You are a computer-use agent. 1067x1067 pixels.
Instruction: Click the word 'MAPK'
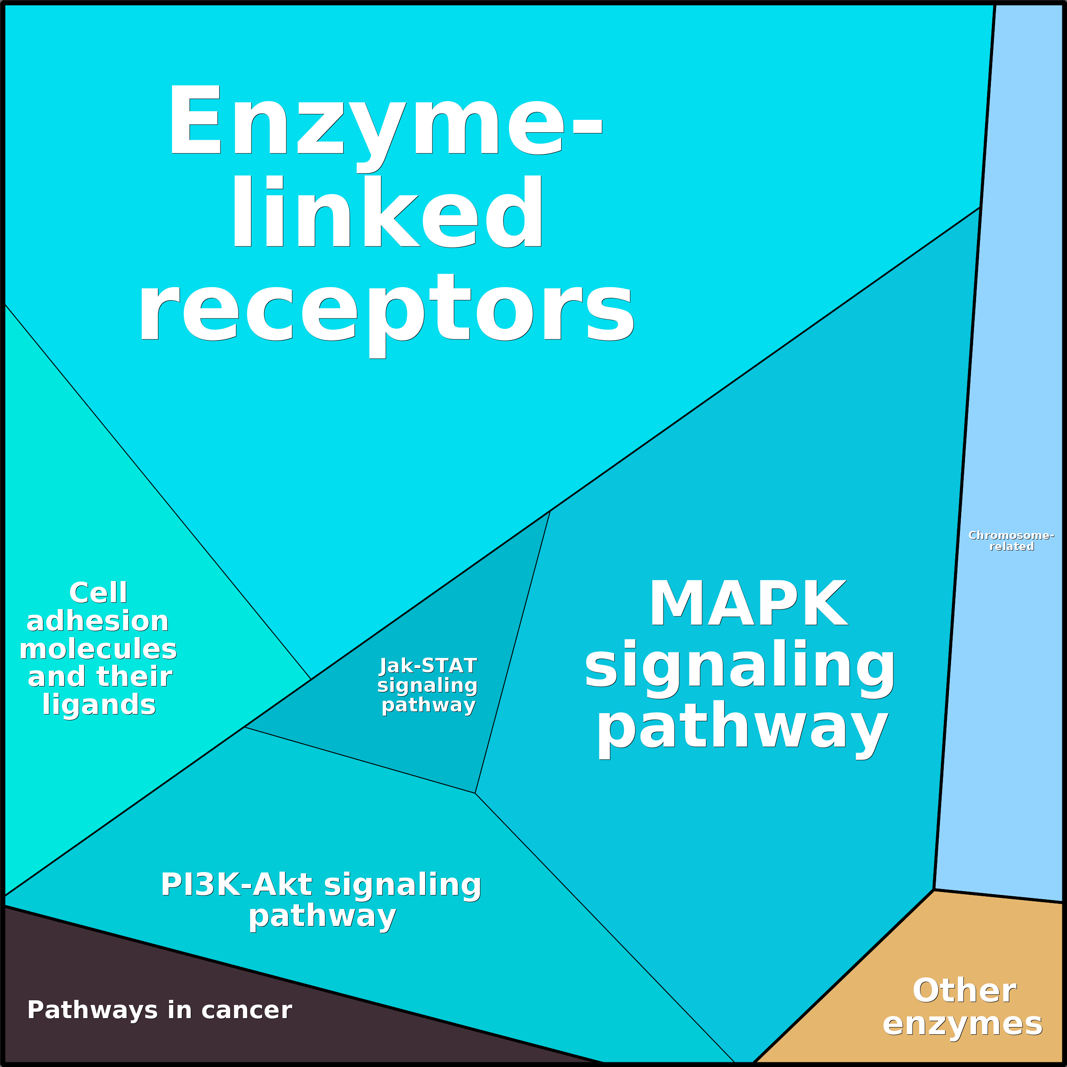click(x=748, y=603)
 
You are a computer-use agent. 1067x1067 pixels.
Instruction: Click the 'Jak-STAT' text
click(x=428, y=666)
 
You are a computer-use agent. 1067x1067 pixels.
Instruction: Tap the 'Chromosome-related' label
click(x=1011, y=541)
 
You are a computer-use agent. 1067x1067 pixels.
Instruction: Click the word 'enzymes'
click(x=963, y=1024)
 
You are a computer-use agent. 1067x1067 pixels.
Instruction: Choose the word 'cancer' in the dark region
click(x=246, y=1010)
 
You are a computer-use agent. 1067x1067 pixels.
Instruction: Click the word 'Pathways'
click(x=93, y=1010)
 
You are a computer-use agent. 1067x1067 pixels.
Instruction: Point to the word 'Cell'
click(x=98, y=593)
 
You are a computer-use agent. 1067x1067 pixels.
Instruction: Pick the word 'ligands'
click(x=99, y=705)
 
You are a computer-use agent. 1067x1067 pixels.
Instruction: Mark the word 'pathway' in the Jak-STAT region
click(x=429, y=706)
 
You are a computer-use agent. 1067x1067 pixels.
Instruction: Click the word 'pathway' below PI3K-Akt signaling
click(x=322, y=917)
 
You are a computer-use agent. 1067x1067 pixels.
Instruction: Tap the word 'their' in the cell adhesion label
click(x=134, y=677)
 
